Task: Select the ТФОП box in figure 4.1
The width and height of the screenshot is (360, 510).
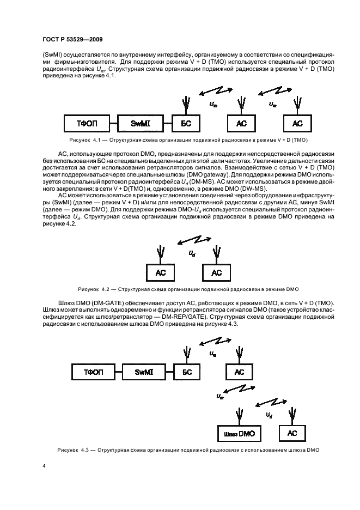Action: pos(84,124)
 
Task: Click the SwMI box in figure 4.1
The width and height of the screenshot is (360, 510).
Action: pos(137,124)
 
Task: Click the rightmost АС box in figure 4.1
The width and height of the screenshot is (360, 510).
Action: pos(297,124)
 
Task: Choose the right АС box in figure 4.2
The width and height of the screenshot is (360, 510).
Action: pos(216,272)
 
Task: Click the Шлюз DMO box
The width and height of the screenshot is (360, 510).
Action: pos(239,433)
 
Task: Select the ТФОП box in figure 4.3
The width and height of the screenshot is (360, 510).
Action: pos(93,373)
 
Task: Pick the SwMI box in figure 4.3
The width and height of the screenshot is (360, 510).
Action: pos(145,373)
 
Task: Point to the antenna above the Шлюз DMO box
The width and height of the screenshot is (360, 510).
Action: pos(239,414)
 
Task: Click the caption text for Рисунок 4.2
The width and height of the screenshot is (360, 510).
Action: pos(188,288)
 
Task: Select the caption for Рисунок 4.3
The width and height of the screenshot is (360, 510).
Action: pos(188,450)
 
